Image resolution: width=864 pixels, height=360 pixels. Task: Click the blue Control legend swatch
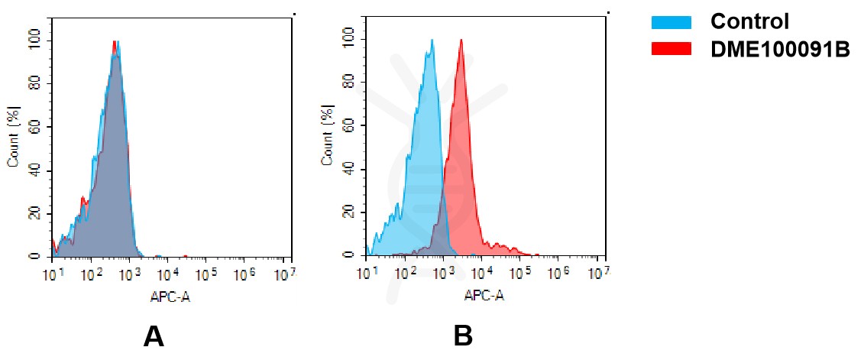point(671,22)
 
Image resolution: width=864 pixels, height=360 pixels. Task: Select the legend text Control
point(749,21)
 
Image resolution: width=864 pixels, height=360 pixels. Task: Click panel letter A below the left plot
point(154,336)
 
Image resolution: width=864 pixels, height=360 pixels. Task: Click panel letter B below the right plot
point(463,336)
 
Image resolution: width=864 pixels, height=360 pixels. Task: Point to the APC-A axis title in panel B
point(484,296)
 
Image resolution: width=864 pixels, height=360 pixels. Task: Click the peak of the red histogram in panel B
point(461,40)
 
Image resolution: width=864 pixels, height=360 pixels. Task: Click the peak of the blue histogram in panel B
point(432,40)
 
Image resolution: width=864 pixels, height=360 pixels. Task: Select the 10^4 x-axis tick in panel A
point(168,274)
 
